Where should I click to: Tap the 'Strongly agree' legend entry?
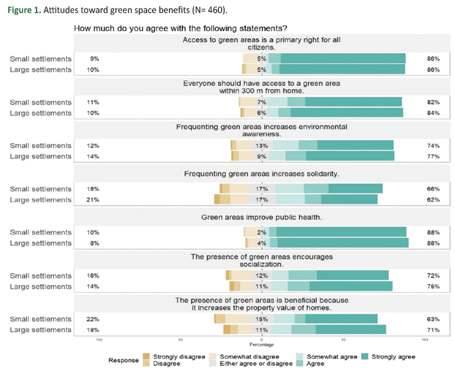[393, 357]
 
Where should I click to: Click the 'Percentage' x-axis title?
[262, 345]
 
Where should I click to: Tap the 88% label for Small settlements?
[433, 232]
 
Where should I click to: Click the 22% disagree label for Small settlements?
[94, 319]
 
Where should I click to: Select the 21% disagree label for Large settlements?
[94, 200]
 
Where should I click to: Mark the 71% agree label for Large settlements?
[433, 330]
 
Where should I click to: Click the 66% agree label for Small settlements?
[433, 188]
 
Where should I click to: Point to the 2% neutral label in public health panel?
[262, 232]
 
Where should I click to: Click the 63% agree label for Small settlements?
[433, 319]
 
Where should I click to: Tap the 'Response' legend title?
[124, 360]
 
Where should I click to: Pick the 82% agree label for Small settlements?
[433, 102]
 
